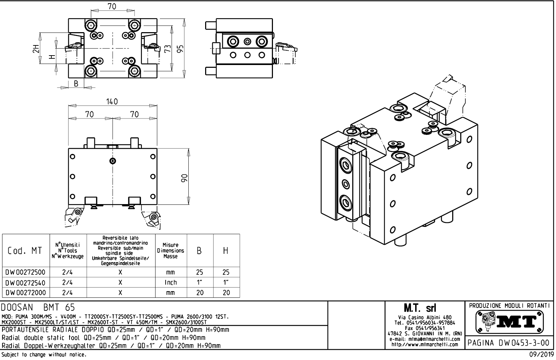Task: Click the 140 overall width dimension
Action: click(x=112, y=102)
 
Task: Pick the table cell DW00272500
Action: click(x=26, y=272)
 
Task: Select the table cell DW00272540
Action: click(x=26, y=282)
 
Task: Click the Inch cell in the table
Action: click(x=171, y=282)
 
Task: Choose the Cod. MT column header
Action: click(x=26, y=251)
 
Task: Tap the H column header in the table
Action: click(x=226, y=251)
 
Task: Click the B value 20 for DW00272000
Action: click(x=200, y=293)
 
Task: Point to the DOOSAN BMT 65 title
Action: click(x=38, y=308)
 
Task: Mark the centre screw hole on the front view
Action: click(x=113, y=161)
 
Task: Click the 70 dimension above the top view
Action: click(x=112, y=6)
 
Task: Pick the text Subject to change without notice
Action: click(x=44, y=355)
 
